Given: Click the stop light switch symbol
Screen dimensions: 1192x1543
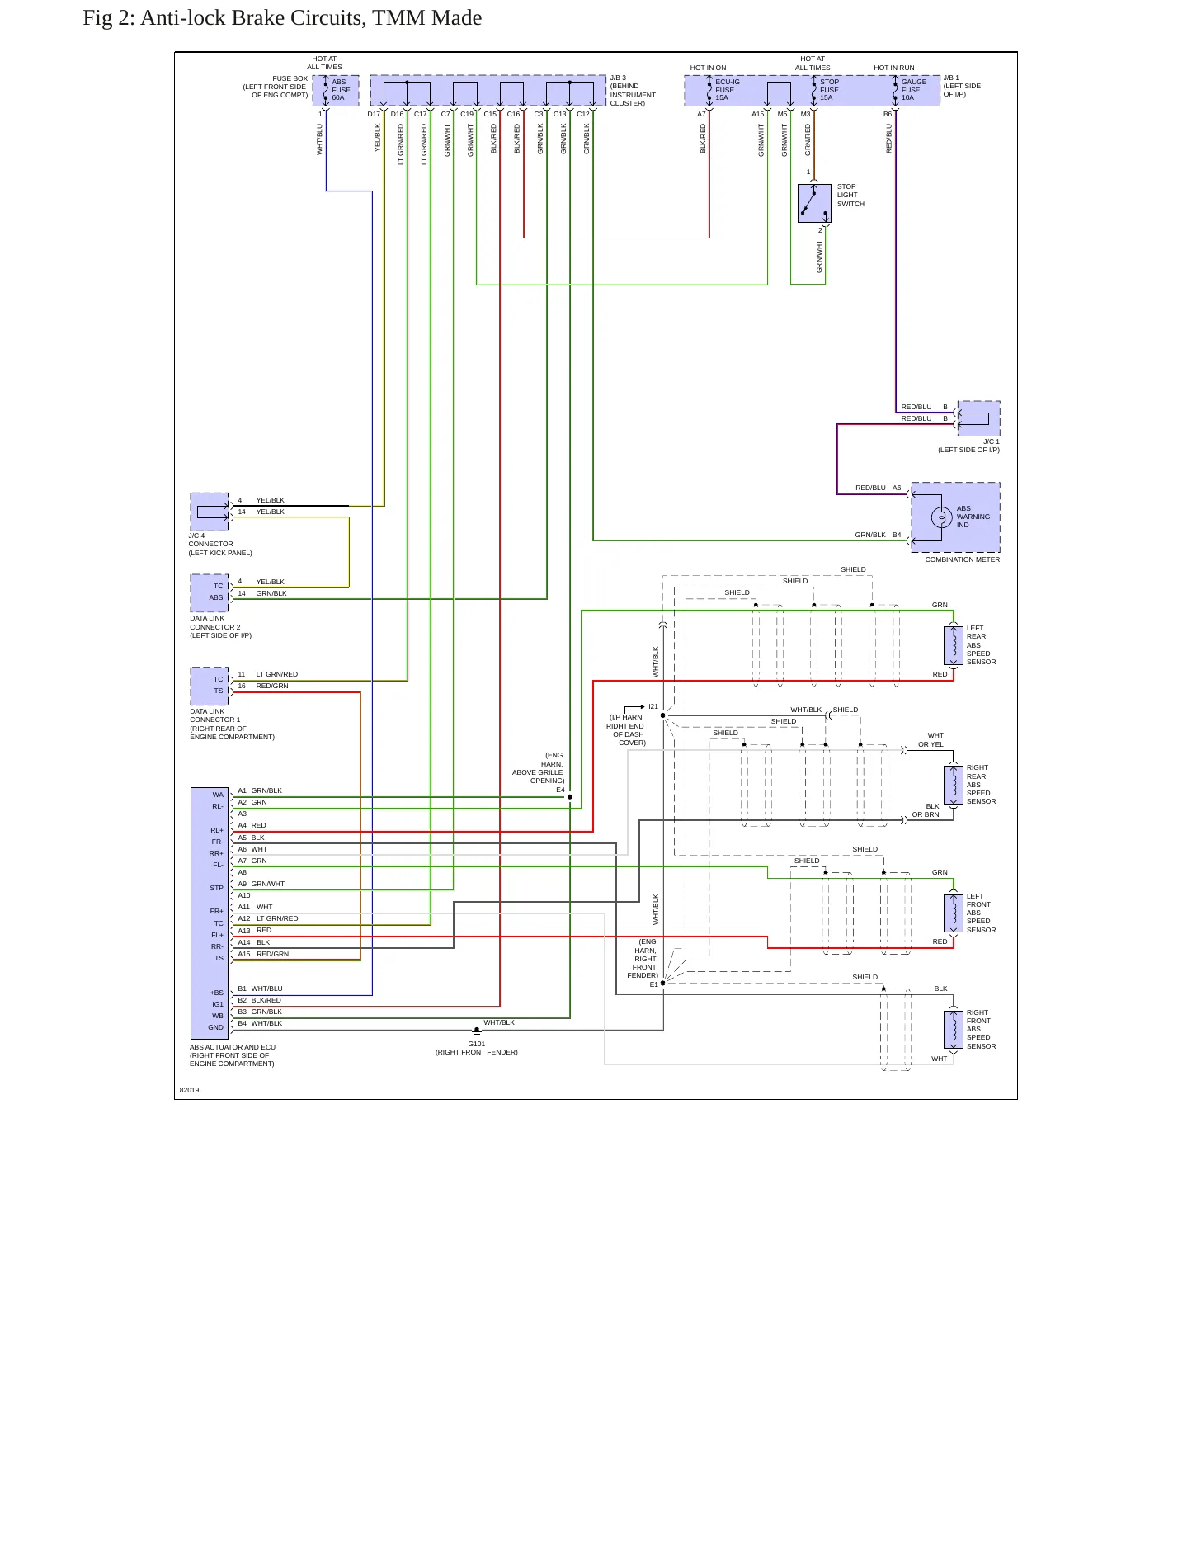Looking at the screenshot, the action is click(x=814, y=203).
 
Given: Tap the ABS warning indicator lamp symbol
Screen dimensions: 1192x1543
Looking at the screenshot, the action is click(x=941, y=517).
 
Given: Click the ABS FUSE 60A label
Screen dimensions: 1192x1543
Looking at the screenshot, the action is click(x=341, y=90).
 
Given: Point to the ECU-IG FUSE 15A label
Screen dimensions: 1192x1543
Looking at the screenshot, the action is click(x=727, y=90).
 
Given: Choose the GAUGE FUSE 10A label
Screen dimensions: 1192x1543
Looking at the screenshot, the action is click(x=913, y=90).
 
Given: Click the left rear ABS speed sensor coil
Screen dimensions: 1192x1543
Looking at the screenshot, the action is click(x=954, y=645).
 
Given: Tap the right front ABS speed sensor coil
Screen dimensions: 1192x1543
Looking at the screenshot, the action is click(x=954, y=1030).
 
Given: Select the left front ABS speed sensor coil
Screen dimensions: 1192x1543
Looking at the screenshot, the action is click(x=954, y=913).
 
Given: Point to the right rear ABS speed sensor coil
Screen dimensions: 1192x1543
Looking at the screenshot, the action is click(x=954, y=785).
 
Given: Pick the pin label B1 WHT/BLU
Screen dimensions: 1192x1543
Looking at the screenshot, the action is click(x=260, y=989).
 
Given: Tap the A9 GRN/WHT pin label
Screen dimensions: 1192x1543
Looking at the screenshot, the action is click(x=261, y=884).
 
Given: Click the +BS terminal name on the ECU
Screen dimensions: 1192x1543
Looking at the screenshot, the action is click(x=216, y=993).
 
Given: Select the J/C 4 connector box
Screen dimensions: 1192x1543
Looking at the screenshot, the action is click(x=210, y=512).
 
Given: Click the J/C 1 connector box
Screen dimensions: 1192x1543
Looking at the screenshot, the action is click(x=978, y=418).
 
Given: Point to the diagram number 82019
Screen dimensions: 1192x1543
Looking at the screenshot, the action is click(x=189, y=1090).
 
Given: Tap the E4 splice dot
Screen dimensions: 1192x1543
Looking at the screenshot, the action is click(x=569, y=797).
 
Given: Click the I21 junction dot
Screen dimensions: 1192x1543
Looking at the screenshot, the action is click(x=662, y=715).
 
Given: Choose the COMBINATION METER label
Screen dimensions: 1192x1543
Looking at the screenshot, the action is click(x=962, y=559).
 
